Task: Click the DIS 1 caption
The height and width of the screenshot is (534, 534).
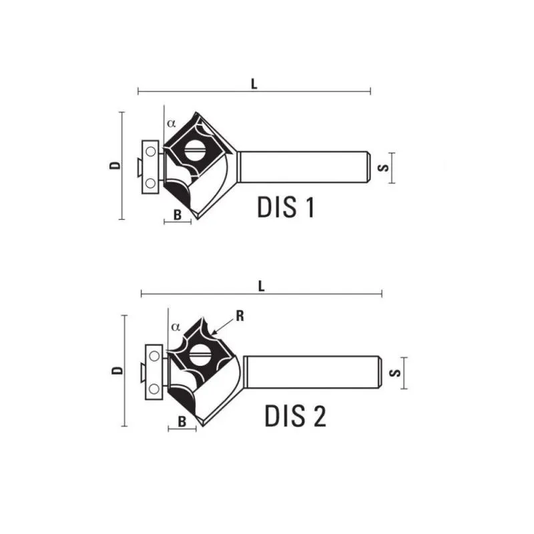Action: pyautogui.click(x=285, y=208)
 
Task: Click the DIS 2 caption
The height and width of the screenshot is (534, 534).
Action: pyautogui.click(x=295, y=416)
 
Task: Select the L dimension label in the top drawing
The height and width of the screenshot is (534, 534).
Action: pyautogui.click(x=254, y=83)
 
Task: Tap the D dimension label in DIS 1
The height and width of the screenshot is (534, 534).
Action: pyautogui.click(x=115, y=166)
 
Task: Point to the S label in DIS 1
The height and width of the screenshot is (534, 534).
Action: pyautogui.click(x=383, y=168)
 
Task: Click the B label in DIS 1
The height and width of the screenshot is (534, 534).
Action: pyautogui.click(x=178, y=215)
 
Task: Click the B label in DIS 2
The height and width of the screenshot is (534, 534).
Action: pyautogui.click(x=182, y=421)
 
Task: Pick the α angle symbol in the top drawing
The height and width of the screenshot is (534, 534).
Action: pyautogui.click(x=171, y=123)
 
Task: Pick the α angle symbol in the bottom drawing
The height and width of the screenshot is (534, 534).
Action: pyautogui.click(x=176, y=327)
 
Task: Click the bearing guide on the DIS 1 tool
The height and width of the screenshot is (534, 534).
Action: pyautogui.click(x=152, y=167)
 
